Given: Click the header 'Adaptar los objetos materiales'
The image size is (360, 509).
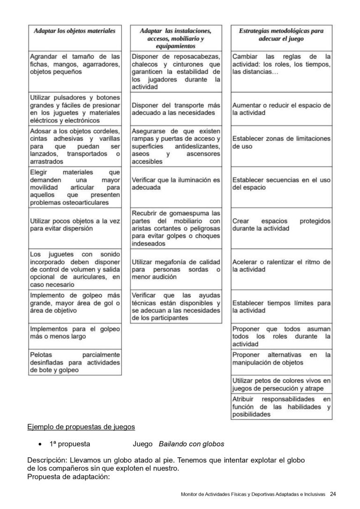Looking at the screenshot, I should (75, 31).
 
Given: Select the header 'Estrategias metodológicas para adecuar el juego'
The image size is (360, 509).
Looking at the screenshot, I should (281, 35).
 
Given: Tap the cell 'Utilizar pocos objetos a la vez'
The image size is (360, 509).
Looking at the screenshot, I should (75, 225).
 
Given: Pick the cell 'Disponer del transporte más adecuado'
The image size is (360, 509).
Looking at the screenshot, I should (176, 109).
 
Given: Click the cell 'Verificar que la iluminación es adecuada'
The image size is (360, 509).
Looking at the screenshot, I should (176, 183).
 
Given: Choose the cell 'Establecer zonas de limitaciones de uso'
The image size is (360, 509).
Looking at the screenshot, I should (281, 143).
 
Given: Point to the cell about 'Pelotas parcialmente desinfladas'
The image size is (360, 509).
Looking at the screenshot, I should (75, 362).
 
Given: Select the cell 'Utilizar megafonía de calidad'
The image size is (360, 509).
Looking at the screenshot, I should (176, 269).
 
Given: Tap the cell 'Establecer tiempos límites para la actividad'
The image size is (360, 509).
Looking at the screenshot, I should (281, 307).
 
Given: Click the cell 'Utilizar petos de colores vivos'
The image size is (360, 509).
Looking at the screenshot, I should (281, 384).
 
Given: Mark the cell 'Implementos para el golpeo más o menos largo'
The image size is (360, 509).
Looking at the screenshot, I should (75, 333).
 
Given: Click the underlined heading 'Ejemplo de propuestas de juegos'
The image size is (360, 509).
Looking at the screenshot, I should (81, 427).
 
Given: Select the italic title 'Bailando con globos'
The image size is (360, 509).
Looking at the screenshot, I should (191, 444).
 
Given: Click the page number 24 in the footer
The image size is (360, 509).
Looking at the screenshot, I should (333, 494).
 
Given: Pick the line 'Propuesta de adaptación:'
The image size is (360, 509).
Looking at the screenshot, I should (68, 477).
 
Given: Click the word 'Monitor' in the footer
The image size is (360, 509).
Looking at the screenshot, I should (189, 494).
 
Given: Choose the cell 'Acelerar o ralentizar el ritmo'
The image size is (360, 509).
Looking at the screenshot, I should (281, 266).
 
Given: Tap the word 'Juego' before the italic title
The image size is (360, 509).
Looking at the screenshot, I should (142, 444).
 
